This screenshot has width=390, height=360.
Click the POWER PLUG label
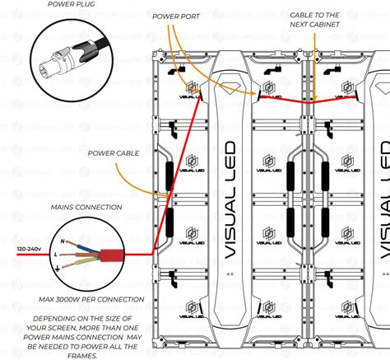pos(71,4)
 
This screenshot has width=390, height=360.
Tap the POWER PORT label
pos(176,16)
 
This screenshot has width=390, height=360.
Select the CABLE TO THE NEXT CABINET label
pos(314,20)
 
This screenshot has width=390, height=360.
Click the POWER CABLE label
pos(114,153)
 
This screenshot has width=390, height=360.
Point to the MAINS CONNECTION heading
pos(86,208)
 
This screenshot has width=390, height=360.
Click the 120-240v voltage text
pos(29,249)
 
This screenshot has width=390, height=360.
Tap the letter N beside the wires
pos(63,241)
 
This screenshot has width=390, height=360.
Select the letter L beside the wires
pos(56,255)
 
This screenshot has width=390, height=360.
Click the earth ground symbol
pos(58,269)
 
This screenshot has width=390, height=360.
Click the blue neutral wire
pos(87,248)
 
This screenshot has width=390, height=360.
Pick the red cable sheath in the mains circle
pos(112,255)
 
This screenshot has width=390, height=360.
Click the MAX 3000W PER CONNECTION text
pos(91,299)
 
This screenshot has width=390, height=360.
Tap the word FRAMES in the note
pos(82,356)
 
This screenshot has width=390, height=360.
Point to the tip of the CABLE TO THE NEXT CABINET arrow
pos(314,101)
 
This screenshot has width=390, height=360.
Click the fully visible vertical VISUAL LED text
pos(230,200)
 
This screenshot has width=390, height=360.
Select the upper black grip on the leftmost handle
pos(169,176)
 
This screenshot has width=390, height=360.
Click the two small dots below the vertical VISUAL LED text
pos(230,274)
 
